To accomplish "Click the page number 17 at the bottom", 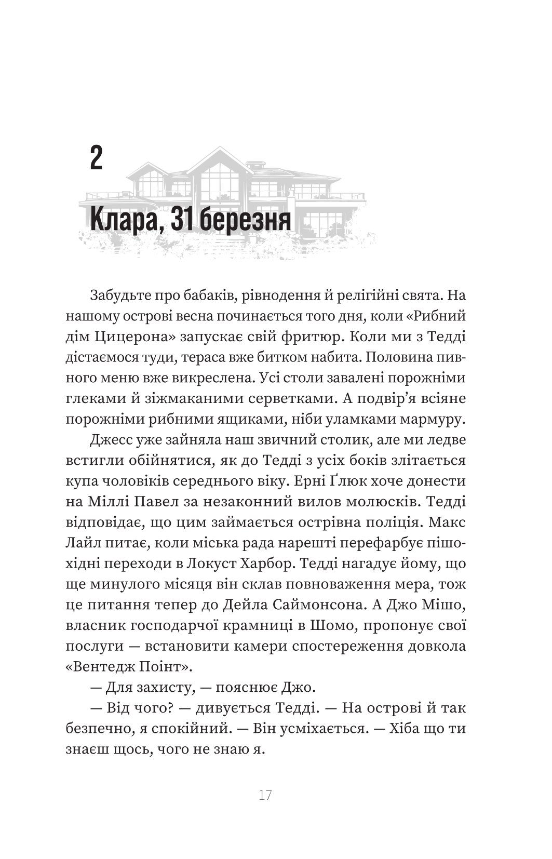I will click(265, 795).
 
